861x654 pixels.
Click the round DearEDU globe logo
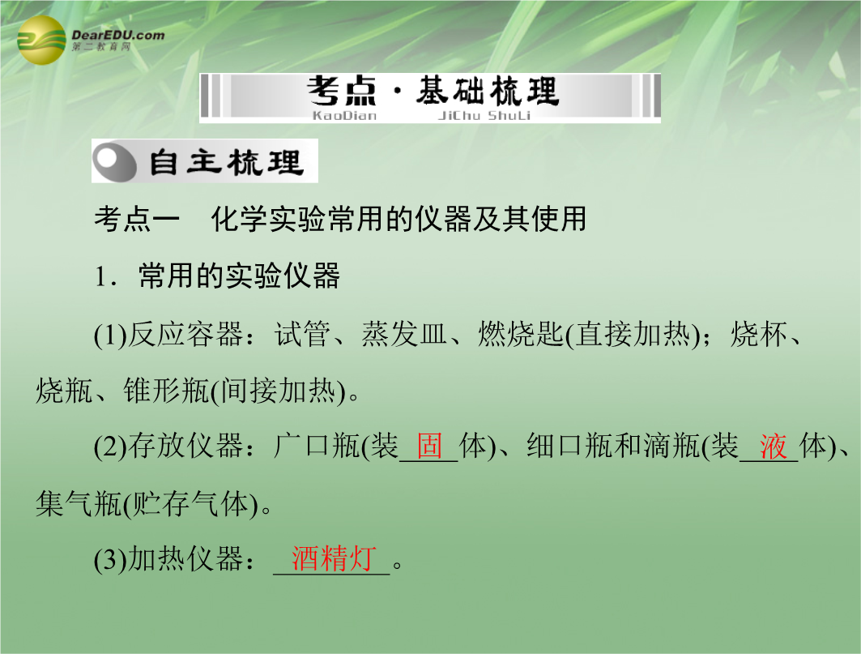pyautogui.click(x=42, y=41)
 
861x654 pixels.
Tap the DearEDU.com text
pyautogui.click(x=118, y=35)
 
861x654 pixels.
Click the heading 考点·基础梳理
pyautogui.click(x=433, y=92)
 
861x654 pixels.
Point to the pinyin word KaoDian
pyautogui.click(x=344, y=115)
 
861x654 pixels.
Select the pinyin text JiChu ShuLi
pyautogui.click(x=484, y=115)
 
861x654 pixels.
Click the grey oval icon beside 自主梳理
pyautogui.click(x=114, y=161)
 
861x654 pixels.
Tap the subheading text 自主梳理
pyautogui.click(x=226, y=162)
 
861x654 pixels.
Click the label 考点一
pyautogui.click(x=137, y=219)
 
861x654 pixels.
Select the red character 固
pyautogui.click(x=429, y=445)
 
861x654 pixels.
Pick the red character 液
pyautogui.click(x=774, y=445)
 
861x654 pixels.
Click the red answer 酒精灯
pyautogui.click(x=334, y=558)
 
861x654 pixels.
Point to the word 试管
pyautogui.click(x=303, y=334)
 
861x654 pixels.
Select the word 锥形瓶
pyautogui.click(x=166, y=391)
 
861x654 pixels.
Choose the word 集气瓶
pyautogui.click(x=79, y=503)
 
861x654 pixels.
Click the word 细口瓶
pyautogui.click(x=569, y=445)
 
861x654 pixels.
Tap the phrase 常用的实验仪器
pyautogui.click(x=240, y=276)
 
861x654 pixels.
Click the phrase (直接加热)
pyautogui.click(x=633, y=335)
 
